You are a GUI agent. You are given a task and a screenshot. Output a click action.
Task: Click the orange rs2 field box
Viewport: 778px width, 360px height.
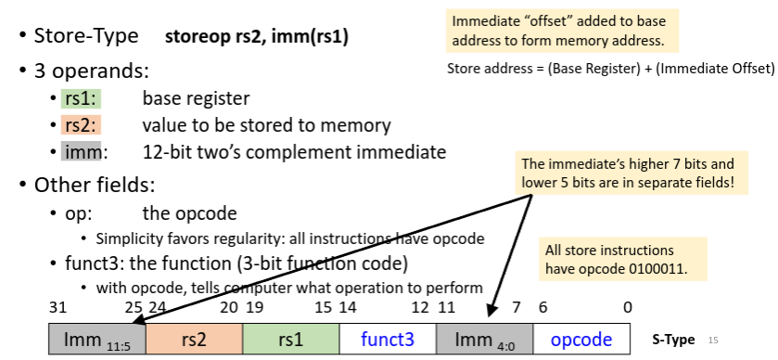coord(194,340)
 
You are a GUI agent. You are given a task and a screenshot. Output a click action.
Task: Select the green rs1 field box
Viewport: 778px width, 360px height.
coord(291,340)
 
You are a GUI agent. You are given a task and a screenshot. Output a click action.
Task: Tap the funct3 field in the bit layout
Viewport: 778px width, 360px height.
coord(388,340)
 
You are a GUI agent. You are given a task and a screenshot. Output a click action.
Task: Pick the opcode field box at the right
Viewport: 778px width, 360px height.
coord(581,340)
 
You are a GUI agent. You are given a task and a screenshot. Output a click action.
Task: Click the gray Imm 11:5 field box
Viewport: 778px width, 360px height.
coord(97,340)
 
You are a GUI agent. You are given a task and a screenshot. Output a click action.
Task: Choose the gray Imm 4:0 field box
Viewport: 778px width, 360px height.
coord(485,340)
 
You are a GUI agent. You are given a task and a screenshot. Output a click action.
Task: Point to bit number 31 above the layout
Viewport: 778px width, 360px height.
coord(57,308)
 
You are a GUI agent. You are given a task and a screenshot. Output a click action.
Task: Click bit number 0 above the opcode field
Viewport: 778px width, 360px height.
coord(628,308)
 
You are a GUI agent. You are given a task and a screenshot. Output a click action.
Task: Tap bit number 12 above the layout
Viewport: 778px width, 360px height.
coord(420,308)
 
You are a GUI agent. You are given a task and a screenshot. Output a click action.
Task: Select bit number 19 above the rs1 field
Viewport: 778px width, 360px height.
coord(254,308)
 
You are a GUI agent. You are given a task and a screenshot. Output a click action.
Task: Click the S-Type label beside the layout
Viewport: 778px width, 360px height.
coord(673,341)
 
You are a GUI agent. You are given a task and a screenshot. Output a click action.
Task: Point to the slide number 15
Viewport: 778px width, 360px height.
coord(713,341)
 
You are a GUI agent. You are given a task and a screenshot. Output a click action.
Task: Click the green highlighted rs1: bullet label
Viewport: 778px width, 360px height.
coord(81,98)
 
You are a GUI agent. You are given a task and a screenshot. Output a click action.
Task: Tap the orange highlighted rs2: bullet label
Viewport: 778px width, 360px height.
coord(81,125)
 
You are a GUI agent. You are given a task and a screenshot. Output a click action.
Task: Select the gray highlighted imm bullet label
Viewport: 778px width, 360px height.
coord(81,151)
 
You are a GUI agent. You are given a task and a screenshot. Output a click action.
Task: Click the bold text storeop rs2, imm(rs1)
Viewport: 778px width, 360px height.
coord(257,37)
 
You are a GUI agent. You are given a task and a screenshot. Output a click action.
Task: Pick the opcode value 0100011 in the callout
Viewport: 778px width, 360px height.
coord(656,269)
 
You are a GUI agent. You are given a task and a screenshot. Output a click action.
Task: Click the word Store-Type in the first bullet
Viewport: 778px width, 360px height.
coord(86,36)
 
